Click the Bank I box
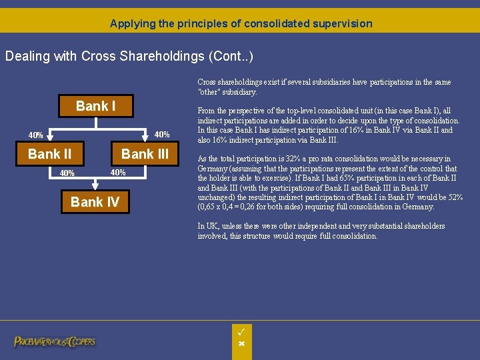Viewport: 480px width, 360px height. pyautogui.click(x=95, y=106)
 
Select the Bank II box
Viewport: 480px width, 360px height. pyautogui.click(x=49, y=154)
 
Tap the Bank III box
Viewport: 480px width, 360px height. pyautogui.click(x=145, y=154)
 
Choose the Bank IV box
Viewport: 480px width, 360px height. pyautogui.click(x=95, y=202)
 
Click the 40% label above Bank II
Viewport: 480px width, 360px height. pyautogui.click(x=35, y=135)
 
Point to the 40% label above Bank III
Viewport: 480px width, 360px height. pyautogui.click(x=162, y=135)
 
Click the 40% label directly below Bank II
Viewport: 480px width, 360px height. pyautogui.click(x=67, y=173)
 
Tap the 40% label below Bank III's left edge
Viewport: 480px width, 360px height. pyautogui.click(x=118, y=173)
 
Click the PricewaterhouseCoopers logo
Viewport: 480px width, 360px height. pyautogui.click(x=55, y=341)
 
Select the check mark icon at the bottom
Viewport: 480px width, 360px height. pyautogui.click(x=241, y=331)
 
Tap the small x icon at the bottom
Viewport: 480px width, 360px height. pyautogui.click(x=241, y=343)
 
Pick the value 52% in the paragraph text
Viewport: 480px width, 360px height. pyautogui.click(x=456, y=197)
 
